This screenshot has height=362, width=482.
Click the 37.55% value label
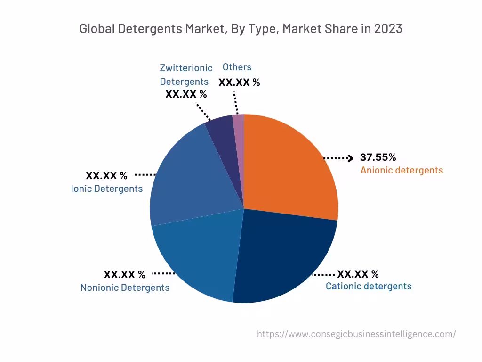pos(378,157)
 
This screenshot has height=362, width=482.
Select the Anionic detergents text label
pos(402,170)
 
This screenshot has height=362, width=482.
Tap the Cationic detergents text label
pos(369,286)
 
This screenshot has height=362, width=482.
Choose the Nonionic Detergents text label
pos(125,288)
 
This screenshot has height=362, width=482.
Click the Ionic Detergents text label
pos(107,189)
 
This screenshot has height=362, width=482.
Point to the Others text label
pos(237,67)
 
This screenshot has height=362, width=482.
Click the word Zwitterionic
pos(186,68)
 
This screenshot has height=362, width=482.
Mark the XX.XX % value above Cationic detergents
pos(358,274)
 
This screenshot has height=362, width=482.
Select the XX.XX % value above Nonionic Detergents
pos(125,274)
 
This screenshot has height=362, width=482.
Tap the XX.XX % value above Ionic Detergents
pos(106,176)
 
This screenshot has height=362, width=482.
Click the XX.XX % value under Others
pos(239,82)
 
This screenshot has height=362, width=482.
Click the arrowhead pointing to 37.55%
pos(350,158)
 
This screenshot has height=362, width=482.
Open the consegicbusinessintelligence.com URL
pos(356,334)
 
